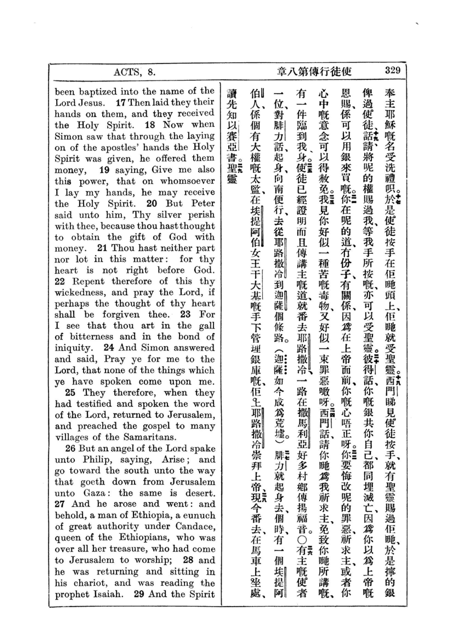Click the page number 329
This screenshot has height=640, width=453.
[392, 71]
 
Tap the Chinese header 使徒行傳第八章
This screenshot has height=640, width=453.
[314, 72]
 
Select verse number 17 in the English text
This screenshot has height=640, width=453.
[121, 102]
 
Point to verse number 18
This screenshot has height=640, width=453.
[150, 124]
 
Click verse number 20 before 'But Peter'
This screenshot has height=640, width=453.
[152, 204]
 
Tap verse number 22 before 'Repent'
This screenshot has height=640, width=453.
[60, 282]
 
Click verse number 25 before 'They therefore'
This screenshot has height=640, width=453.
[70, 393]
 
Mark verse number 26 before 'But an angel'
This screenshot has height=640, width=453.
[70, 448]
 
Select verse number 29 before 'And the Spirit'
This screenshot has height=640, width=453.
[139, 594]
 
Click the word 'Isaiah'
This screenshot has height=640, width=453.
[108, 594]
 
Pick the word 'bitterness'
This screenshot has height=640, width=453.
[92, 337]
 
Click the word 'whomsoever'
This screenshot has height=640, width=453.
[187, 181]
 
